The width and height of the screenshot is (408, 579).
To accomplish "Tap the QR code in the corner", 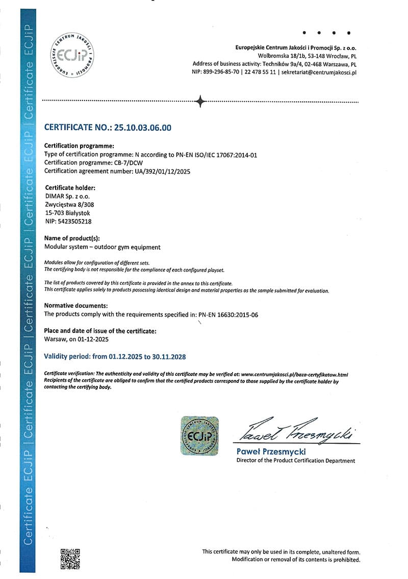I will pos(70,558).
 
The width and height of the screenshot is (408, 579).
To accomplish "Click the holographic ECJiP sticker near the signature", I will pos(199,436).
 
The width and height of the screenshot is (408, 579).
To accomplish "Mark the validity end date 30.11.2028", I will pos(172,356).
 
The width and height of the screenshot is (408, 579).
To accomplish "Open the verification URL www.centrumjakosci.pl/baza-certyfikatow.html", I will pos(294,374).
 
